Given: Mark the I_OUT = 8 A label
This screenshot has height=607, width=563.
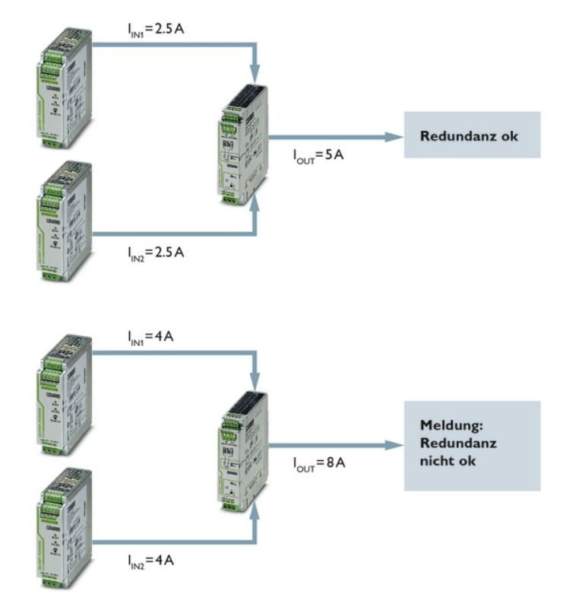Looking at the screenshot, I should click(319, 462).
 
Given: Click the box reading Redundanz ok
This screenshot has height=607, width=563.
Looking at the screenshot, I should click(471, 135).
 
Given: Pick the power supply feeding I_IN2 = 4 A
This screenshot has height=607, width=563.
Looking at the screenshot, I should click(64, 529).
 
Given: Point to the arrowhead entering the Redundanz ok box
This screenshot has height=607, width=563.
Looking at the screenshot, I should click(393, 137).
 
